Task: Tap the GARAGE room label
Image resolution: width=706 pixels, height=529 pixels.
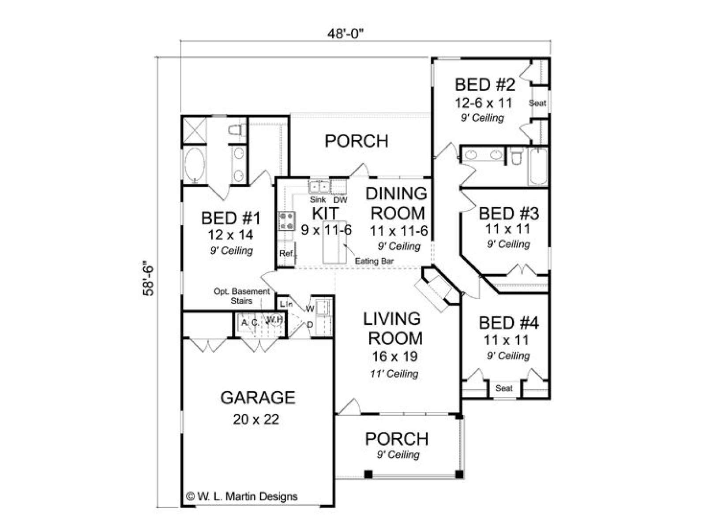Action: click(x=258, y=397)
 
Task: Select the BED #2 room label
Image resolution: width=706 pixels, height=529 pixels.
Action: click(x=485, y=85)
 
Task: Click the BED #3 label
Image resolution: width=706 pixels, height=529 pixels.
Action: click(x=508, y=214)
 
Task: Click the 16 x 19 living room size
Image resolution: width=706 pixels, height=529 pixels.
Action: click(x=394, y=356)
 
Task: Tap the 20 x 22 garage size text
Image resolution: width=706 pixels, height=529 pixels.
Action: click(x=256, y=419)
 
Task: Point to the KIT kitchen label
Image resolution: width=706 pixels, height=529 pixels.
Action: click(x=325, y=213)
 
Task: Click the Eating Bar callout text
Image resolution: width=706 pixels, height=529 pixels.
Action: click(x=374, y=261)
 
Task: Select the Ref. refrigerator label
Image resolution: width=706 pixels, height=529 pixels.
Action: click(x=286, y=253)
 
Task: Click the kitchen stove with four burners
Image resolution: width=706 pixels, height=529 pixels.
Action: click(x=286, y=221)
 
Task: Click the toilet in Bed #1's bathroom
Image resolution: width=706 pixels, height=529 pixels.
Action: click(x=237, y=130)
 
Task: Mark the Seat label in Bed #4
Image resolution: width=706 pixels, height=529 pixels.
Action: click(x=504, y=388)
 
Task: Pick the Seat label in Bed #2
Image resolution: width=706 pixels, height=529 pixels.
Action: click(x=537, y=103)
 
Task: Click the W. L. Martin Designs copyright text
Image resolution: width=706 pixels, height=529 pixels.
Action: click(x=242, y=496)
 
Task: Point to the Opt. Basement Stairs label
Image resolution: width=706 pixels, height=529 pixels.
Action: click(x=242, y=296)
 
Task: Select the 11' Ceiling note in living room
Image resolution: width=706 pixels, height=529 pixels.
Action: click(x=394, y=373)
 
